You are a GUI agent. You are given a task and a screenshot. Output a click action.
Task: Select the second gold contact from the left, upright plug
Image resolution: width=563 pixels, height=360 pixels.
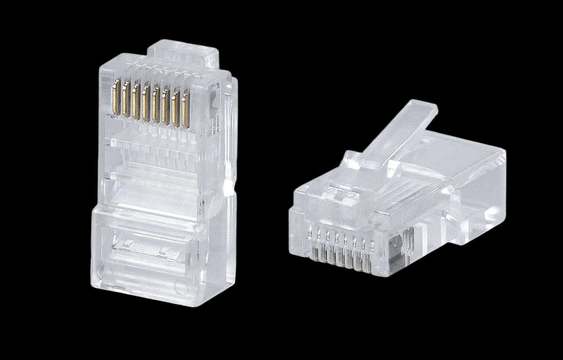tap(126, 98)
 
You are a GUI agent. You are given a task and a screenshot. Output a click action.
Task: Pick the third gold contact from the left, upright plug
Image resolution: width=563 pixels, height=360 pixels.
tap(136, 100)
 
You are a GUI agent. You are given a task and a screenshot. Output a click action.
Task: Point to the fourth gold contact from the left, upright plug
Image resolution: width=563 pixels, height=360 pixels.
tap(146, 102)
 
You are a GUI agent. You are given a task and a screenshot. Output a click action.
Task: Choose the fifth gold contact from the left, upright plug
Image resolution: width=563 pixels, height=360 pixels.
tap(156, 104)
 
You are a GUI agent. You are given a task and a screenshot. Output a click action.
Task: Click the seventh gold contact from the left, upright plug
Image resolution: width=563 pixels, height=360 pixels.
tap(175, 107)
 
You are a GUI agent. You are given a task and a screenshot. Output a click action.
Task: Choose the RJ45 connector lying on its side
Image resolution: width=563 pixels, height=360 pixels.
tap(396, 201)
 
